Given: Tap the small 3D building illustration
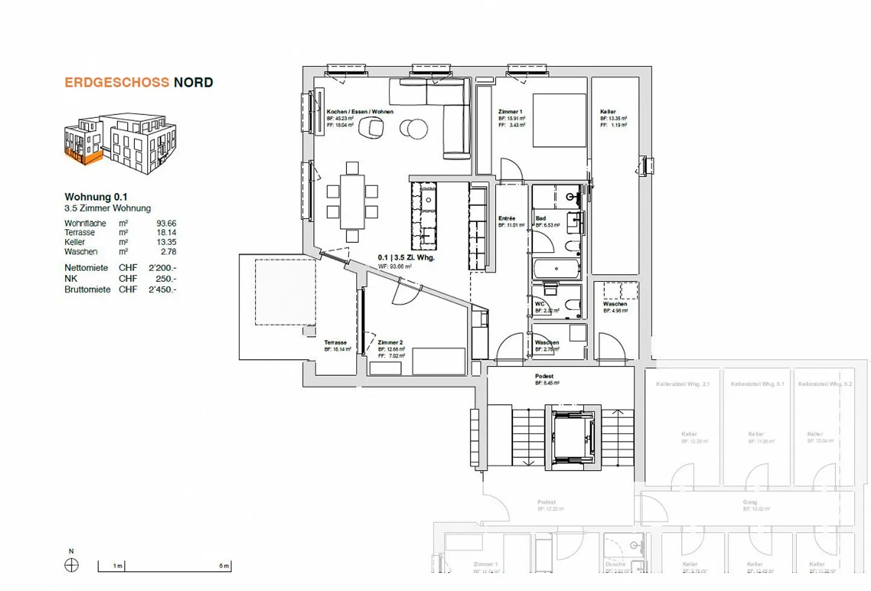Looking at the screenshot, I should tap(120, 143).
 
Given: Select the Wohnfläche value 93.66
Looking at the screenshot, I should tap(166, 223).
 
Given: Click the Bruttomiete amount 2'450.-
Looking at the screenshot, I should tap(162, 290).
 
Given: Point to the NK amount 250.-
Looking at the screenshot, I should tap(166, 279).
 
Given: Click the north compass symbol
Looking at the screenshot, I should tap(71, 566).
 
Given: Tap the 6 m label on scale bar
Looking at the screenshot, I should tap(224, 566).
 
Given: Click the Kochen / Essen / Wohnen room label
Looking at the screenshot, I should tap(360, 112).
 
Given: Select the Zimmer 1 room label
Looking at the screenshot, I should tap(510, 112).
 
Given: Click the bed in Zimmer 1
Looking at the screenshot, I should tap(559, 120).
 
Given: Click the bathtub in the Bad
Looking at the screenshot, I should tap(556, 269).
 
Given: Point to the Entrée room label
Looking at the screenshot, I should tap(507, 218).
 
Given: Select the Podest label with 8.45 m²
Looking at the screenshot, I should tap(544, 376).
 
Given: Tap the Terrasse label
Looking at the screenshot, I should tap(335, 342).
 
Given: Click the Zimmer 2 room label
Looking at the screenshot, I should tap(390, 342).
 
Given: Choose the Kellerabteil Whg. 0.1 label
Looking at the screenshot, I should tap(757, 384).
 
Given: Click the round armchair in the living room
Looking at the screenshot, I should tap(371, 127).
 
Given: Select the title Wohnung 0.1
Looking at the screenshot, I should tap(96, 197).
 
